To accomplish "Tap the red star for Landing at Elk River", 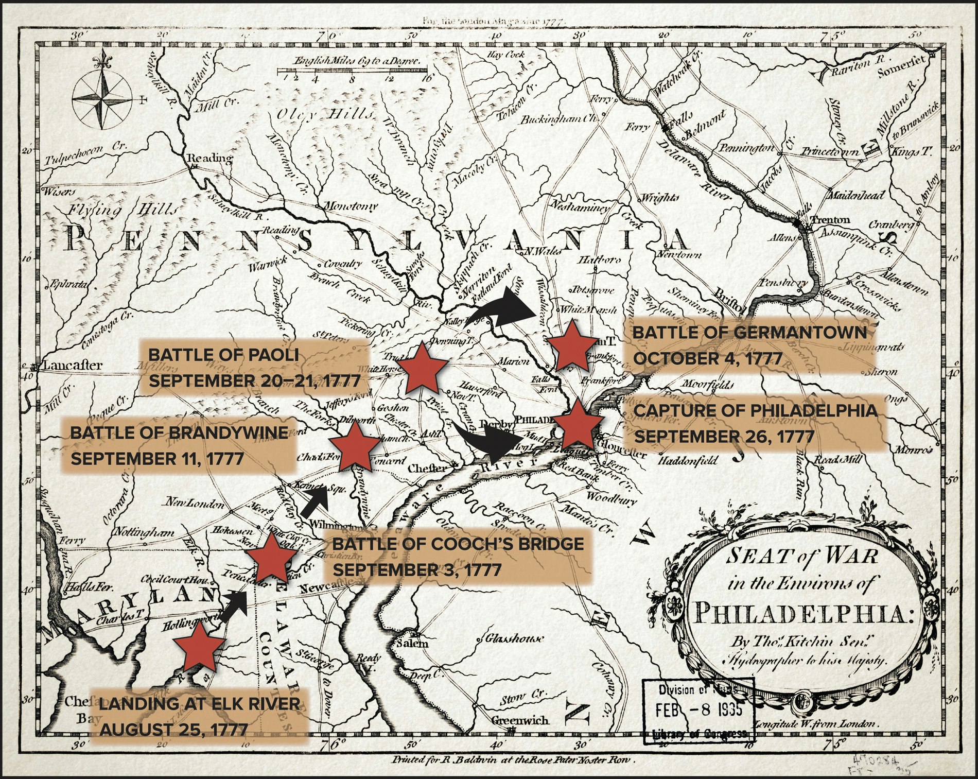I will pos(198,650).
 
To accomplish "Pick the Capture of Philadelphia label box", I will pos(755,423).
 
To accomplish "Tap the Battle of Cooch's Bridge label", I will pos(458,557).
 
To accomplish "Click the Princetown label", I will pos(829,152).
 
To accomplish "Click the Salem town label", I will pos(412,644).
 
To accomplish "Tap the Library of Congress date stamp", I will pos(698,711).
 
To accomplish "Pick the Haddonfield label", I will pos(688,460).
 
